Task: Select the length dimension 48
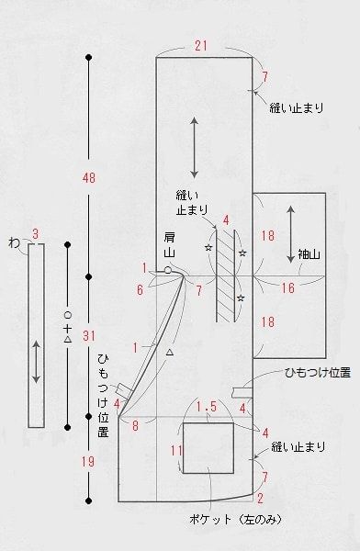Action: (87, 175)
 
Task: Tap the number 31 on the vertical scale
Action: (87, 335)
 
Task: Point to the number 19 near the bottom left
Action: (87, 462)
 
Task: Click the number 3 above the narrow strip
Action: (35, 234)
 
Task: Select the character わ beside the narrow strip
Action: (13, 243)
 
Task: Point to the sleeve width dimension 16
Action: (287, 288)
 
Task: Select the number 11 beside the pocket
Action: (178, 450)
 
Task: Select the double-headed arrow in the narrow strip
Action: (35, 362)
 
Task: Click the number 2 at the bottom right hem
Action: (261, 498)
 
